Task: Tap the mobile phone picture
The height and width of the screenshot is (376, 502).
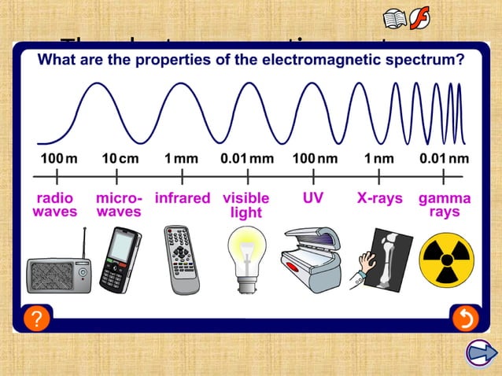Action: coord(120,259)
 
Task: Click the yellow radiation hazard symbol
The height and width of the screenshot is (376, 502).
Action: coord(446,260)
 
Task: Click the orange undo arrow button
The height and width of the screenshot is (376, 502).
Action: coord(464,319)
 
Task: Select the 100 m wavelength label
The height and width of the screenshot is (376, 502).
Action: coord(59,158)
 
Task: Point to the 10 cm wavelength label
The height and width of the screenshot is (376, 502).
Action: coord(120,158)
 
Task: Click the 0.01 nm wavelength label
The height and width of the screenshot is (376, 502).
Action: coord(444,158)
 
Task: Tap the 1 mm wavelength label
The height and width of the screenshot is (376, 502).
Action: coord(181,158)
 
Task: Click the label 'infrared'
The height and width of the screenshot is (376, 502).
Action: coord(182,198)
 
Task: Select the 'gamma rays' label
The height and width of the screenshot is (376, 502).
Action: coord(445,205)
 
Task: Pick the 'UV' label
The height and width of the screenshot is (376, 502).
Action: coord(312,198)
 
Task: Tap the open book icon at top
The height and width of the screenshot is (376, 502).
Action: coord(395,19)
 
